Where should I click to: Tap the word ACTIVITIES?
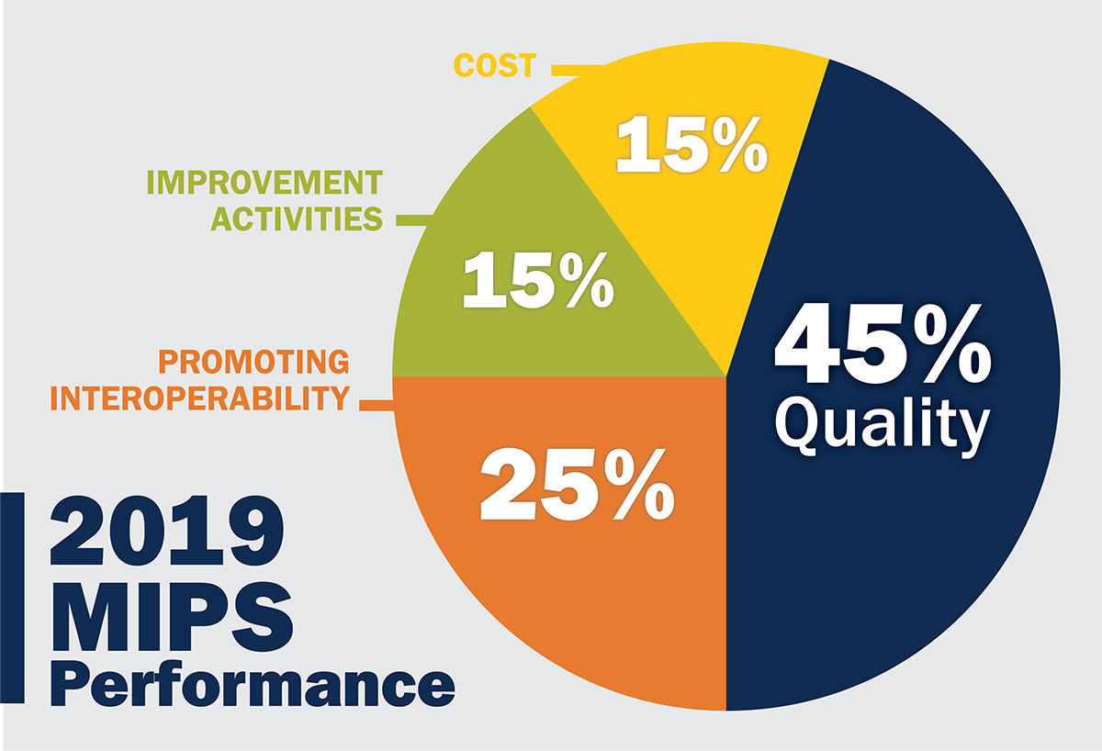coord(297,220)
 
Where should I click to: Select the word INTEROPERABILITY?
coord(199,400)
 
